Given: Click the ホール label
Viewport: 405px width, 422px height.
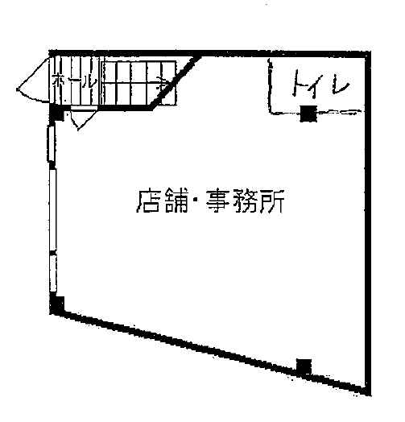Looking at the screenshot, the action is click(x=74, y=81).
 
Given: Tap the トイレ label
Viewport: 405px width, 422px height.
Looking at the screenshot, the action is click(x=321, y=83).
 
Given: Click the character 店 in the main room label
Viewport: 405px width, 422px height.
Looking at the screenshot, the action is click(x=147, y=201).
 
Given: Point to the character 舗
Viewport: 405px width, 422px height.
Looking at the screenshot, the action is click(x=176, y=201).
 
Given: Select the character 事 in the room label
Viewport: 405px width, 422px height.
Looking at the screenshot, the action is click(x=217, y=201).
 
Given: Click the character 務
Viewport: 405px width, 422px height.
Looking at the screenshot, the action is click(x=246, y=201).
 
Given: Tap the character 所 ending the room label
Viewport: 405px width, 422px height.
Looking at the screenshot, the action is click(x=272, y=201).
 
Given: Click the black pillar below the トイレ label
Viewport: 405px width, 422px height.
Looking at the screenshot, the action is click(x=308, y=114).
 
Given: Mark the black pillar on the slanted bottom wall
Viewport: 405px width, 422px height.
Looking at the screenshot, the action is click(x=304, y=366).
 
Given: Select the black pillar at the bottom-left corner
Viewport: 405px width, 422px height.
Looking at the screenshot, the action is click(x=57, y=305).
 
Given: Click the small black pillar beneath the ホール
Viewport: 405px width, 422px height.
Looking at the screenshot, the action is click(x=56, y=113).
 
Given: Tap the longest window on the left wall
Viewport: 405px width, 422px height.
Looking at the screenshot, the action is click(x=53, y=210).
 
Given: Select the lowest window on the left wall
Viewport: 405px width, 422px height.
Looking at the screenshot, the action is click(x=53, y=273).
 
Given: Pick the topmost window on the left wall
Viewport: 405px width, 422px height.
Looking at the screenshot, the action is click(x=52, y=144).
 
